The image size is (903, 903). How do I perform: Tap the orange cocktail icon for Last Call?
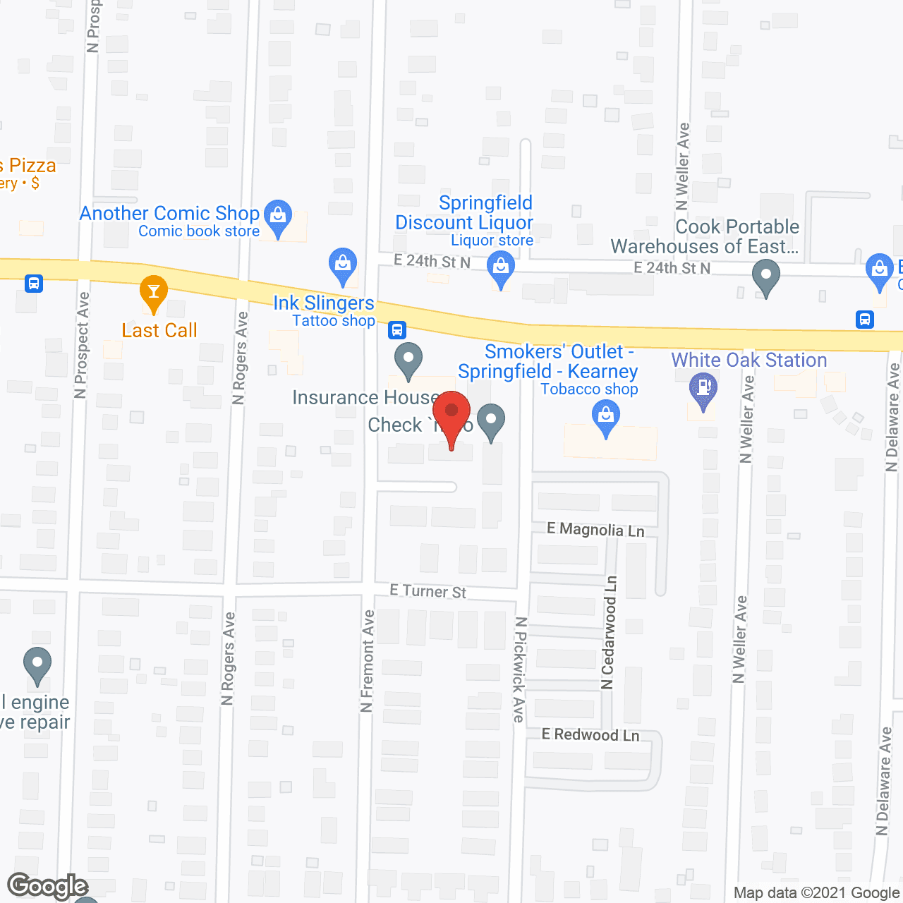point(153,292)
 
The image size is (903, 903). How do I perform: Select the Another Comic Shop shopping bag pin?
point(278,216)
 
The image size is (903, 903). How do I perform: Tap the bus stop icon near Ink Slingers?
point(397,329)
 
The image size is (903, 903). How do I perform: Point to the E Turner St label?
point(428,591)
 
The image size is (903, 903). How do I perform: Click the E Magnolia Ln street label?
point(595,530)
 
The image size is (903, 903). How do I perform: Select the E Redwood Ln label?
point(590,735)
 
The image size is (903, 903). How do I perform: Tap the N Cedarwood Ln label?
point(609,632)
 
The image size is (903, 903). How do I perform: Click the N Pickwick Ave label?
point(519,669)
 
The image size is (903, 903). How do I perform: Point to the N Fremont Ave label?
point(368,660)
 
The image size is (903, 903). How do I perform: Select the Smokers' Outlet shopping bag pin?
point(605,416)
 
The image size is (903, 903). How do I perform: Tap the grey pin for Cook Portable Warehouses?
point(765,276)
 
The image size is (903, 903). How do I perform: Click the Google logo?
point(47,886)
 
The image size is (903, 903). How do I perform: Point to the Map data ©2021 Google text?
point(816,893)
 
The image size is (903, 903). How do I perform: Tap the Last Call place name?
point(159,330)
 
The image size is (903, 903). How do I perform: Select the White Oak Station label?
point(749,360)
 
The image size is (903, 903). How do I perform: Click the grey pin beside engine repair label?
point(37,664)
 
